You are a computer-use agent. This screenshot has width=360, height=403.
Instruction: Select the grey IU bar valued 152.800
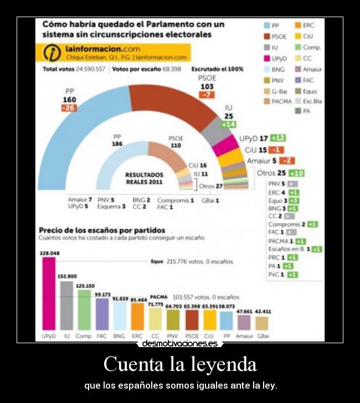(66, 306)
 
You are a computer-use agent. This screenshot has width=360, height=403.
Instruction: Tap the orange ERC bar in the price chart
(137, 316)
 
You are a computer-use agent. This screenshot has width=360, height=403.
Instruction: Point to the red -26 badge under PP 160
(69, 108)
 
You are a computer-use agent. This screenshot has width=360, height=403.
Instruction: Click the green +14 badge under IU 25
(228, 125)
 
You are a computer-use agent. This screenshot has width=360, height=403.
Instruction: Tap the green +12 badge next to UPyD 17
(278, 138)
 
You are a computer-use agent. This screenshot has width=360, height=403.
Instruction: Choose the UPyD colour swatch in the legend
(267, 58)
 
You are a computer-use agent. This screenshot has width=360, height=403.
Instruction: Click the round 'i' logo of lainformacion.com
(52, 53)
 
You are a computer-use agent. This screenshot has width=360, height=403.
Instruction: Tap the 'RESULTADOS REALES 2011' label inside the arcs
(144, 178)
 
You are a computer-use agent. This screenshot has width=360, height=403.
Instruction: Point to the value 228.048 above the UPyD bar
(49, 253)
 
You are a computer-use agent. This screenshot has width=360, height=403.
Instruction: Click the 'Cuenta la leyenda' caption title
(180, 364)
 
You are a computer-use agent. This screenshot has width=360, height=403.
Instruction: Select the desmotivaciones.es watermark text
(180, 343)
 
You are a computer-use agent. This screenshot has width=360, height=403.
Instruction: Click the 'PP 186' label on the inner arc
(117, 140)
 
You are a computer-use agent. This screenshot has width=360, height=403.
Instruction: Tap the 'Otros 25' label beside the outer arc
(271, 173)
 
